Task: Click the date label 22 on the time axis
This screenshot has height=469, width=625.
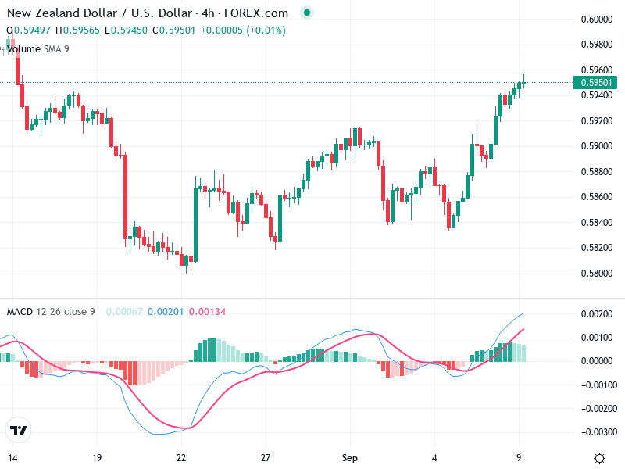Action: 181,457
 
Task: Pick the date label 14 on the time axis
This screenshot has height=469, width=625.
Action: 12,457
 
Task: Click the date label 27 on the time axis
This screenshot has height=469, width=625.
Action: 266,457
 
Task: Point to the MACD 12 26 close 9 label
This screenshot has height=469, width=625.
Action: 51,312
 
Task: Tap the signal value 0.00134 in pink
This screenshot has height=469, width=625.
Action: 207,312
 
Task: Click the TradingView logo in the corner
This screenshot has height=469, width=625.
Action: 18,430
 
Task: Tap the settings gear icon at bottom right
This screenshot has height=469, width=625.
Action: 599,457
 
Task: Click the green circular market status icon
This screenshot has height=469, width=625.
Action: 307,13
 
